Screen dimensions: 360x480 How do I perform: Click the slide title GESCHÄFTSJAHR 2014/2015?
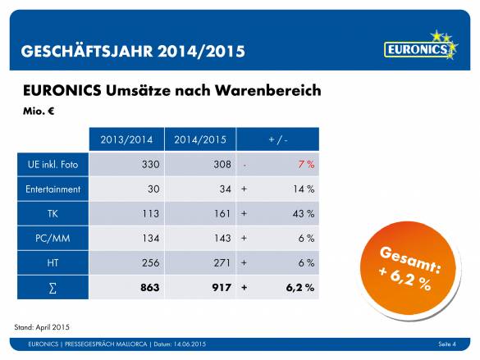(133, 51)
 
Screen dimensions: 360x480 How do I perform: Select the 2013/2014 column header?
(126, 139)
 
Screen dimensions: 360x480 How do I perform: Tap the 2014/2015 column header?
(199, 139)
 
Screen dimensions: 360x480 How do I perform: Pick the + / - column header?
(278, 139)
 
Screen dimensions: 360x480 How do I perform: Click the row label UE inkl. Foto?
(52, 165)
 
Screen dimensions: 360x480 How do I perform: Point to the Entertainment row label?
(52, 189)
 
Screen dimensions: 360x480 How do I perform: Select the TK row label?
(52, 214)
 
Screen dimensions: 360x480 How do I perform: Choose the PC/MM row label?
(52, 239)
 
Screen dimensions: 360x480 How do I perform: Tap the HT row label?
(52, 263)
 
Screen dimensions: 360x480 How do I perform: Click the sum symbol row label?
(52, 288)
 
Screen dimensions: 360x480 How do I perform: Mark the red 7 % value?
(305, 165)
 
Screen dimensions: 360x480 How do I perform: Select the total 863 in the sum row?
(149, 288)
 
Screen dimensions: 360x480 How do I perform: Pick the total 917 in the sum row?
(220, 288)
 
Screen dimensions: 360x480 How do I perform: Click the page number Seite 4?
(446, 343)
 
